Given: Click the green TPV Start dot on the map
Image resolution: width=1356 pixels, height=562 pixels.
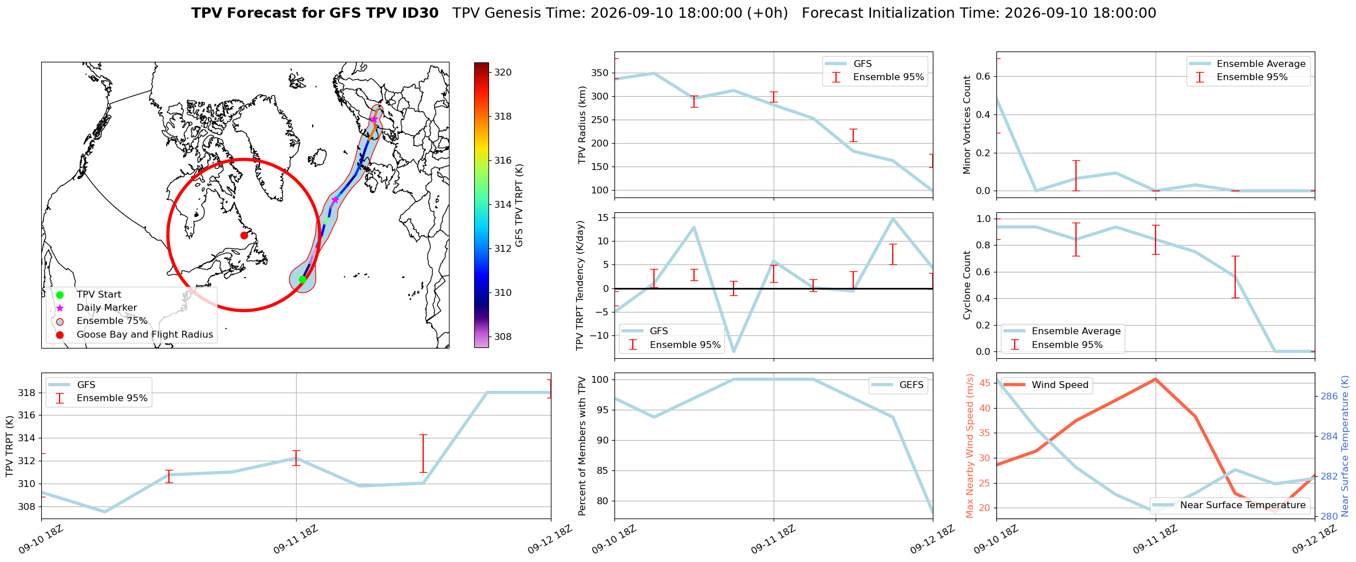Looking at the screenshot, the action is point(302,279).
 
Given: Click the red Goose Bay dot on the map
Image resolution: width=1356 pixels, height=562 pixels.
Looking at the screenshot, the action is point(244,235).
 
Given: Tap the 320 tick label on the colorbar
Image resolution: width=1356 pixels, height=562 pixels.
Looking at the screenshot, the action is point(503,73).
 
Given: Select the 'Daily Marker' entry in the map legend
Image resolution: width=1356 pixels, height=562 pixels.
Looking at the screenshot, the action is point(107,308).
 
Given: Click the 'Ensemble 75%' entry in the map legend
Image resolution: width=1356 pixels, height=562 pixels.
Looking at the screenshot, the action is point(112,321).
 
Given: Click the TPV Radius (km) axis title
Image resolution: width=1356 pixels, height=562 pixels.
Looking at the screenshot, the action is point(582,125).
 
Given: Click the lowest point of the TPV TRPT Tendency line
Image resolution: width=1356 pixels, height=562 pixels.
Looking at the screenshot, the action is point(734,351).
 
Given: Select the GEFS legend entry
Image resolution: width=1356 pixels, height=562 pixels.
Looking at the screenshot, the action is point(898,385).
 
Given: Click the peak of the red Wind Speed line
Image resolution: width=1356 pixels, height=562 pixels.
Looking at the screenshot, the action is point(1156,379).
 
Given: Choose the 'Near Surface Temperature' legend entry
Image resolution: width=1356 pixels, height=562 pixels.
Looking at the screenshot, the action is point(1229,505).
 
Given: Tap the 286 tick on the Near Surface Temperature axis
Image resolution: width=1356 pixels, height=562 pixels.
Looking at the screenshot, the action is point(1329,396).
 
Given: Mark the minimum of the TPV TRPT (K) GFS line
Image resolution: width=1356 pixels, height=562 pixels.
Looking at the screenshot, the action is point(105,512).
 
